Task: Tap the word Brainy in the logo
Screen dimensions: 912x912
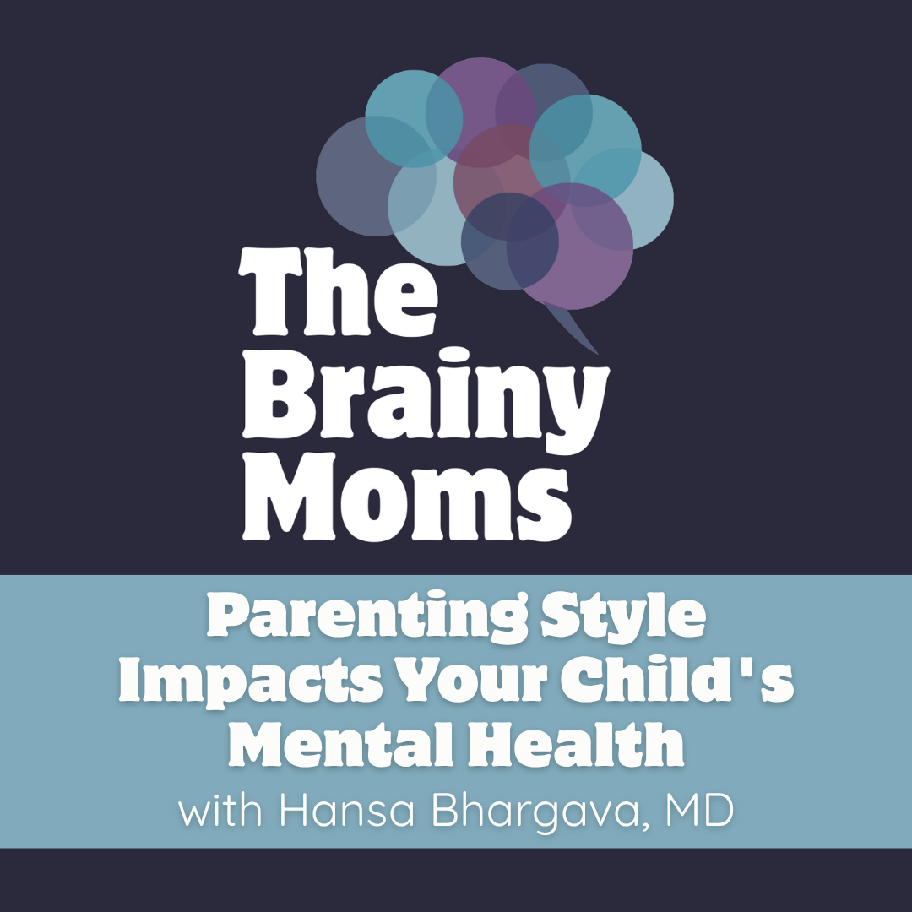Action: coord(426,399)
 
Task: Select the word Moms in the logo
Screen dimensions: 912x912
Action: coord(407,497)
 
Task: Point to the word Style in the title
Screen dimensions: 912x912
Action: coord(623,616)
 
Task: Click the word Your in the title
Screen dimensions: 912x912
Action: coord(470,681)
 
